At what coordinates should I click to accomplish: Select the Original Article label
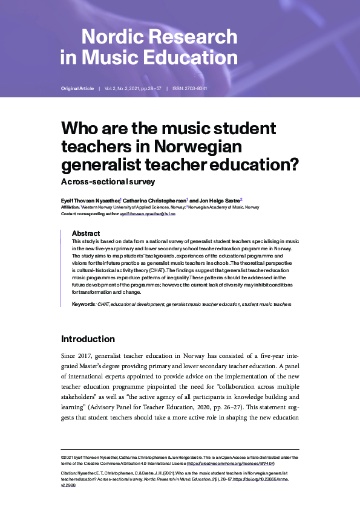point(77,89)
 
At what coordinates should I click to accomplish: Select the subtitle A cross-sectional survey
point(108,181)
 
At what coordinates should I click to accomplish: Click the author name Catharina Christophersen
point(157,199)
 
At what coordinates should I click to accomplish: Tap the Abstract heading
point(86,233)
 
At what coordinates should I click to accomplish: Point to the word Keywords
point(83,304)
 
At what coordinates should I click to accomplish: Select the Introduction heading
point(88,339)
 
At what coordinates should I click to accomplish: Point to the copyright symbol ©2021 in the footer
point(68,458)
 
